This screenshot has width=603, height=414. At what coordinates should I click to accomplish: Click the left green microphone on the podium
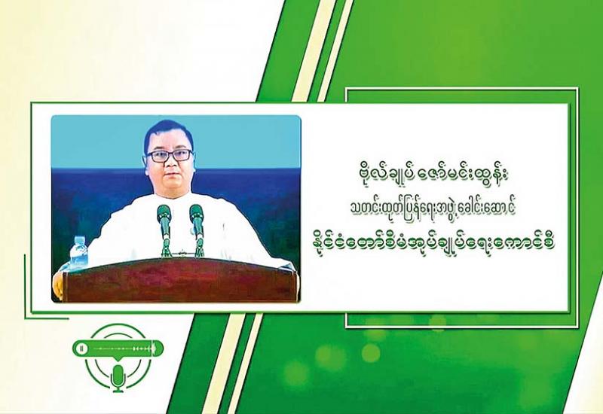[164, 230]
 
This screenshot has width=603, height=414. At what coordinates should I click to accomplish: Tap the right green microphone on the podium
[197, 230]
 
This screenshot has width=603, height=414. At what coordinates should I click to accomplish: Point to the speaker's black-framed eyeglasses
[170, 155]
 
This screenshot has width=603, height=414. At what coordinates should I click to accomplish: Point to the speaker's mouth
[170, 176]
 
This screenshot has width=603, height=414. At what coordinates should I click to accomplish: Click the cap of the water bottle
[79, 239]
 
